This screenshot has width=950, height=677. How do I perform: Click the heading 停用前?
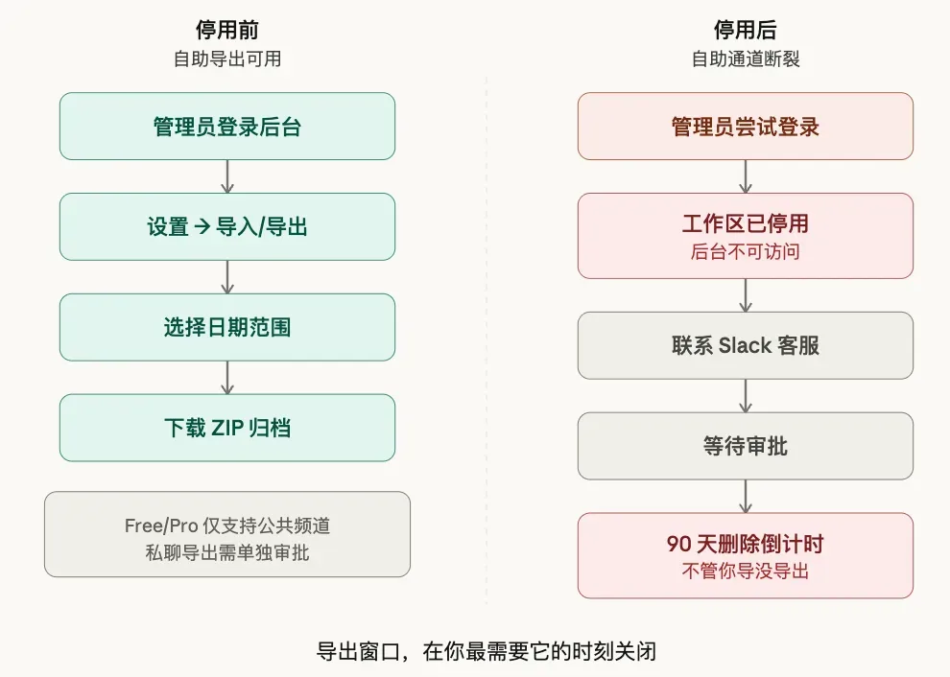(x=227, y=30)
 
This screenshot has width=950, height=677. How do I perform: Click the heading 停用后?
(x=746, y=30)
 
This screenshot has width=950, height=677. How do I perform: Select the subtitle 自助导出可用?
(x=227, y=58)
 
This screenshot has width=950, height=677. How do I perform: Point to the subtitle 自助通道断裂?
(x=746, y=58)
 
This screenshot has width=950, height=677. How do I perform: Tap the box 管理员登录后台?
(x=227, y=126)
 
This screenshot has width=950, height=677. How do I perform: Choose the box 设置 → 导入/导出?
(x=227, y=226)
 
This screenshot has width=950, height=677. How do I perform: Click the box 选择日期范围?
(x=227, y=327)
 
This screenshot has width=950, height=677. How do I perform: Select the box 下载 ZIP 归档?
(x=227, y=428)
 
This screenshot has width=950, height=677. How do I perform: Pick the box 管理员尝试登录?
(x=746, y=126)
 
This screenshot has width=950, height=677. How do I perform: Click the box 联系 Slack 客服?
(x=746, y=345)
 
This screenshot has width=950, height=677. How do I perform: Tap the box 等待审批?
(x=746, y=446)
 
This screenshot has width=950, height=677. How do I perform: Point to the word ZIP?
(x=227, y=428)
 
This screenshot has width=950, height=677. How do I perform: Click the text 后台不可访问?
(x=746, y=251)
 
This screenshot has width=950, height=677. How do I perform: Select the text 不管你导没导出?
(x=746, y=571)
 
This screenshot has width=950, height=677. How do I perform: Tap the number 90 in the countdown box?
(x=678, y=544)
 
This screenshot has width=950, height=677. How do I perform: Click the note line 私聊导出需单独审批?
(x=227, y=552)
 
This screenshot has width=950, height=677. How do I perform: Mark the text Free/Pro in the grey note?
(x=161, y=525)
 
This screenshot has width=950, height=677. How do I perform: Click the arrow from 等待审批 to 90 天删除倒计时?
(x=746, y=496)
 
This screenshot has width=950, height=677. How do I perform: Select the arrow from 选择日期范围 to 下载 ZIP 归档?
(x=227, y=377)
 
